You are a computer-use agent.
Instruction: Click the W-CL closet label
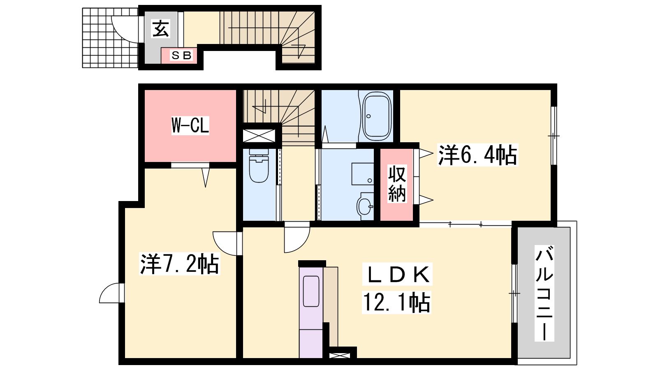pos(190,125)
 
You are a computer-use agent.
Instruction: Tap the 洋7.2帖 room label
pos(179,264)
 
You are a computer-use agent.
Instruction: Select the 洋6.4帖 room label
pos(477,155)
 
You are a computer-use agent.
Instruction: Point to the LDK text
pos(397,274)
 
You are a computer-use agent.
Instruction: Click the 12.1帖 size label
pos(396,302)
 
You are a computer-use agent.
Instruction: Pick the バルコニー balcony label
pos(544,293)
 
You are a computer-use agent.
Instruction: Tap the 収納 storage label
pos(397,183)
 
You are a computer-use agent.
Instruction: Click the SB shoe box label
pos(181,55)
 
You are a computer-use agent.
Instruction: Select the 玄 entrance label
pos(161,28)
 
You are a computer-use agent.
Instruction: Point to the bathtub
pos(377,116)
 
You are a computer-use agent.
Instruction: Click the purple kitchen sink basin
pos(311,291)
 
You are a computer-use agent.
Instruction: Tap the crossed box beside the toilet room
pos(259,136)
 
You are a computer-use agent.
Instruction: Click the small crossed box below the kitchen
pos(339,356)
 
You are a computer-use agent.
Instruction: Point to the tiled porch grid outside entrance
pos(110,38)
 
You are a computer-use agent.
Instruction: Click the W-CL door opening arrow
pos(205,177)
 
